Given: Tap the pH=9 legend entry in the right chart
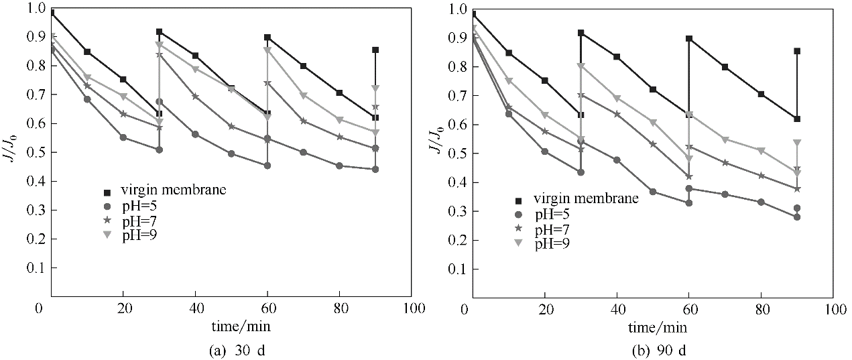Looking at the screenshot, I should click(552, 244).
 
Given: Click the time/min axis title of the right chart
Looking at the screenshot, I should click(658, 326).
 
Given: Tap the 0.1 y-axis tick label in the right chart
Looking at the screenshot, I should click(453, 269).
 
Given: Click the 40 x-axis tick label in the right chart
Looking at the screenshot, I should click(616, 309).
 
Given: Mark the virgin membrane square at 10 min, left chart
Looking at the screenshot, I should click(87, 52).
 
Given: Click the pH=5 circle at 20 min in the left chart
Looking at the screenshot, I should click(123, 137).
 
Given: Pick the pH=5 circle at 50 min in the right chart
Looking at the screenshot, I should click(653, 192).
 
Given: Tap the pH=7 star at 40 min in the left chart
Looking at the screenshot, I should click(195, 97).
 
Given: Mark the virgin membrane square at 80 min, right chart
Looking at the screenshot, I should click(761, 94).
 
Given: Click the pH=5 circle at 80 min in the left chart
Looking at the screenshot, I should click(339, 166).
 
